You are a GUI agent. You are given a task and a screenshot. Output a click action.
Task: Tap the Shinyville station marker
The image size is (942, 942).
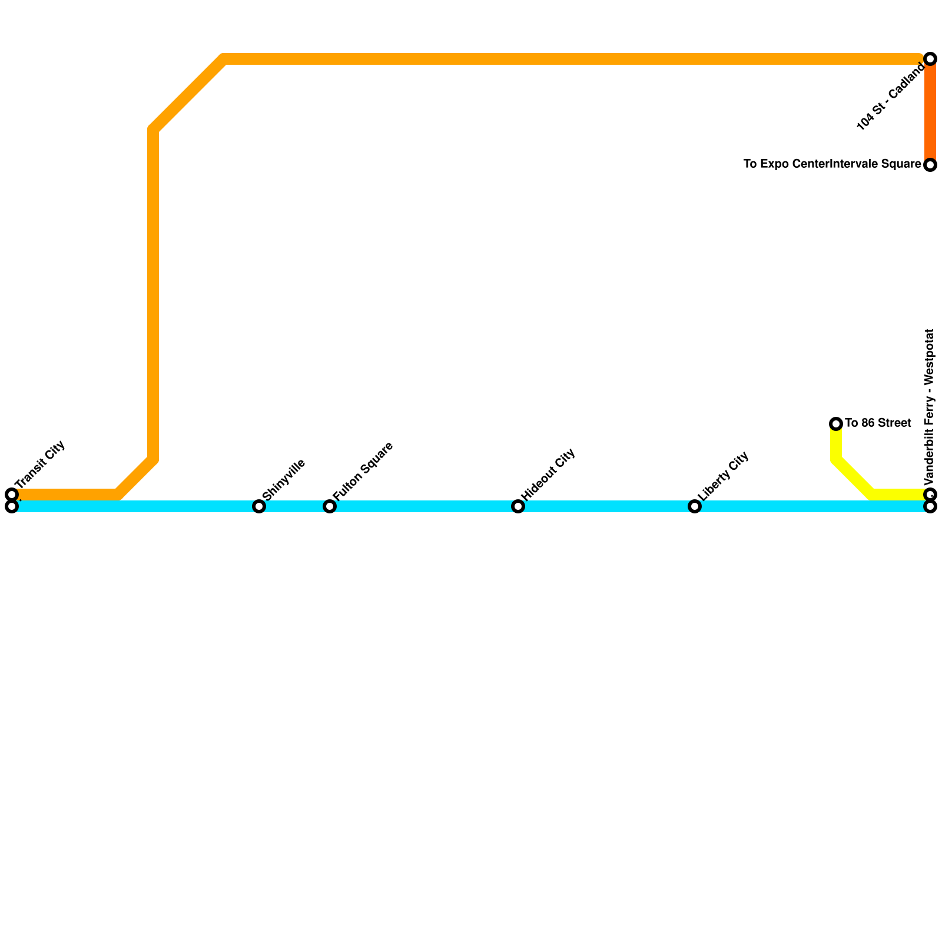tap(259, 506)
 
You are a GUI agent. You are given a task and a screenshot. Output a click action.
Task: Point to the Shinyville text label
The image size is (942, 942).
tap(284, 479)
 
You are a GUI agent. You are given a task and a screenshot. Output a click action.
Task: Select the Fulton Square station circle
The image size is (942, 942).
tap(330, 506)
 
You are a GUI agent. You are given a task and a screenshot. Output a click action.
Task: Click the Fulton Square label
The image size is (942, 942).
tap(362, 470)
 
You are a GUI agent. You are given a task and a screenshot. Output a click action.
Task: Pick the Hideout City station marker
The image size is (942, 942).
tap(518, 506)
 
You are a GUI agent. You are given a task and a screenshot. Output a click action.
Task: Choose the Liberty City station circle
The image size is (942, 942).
tap(695, 506)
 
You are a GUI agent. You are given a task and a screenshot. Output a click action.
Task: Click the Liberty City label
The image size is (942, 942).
tap(724, 476)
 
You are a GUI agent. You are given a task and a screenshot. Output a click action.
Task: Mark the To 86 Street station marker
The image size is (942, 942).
tap(836, 424)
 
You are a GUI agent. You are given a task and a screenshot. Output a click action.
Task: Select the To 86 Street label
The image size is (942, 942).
tap(878, 423)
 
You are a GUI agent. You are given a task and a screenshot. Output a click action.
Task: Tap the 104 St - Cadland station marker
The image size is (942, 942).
tap(930, 59)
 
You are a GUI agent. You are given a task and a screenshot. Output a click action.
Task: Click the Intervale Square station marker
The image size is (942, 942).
tap(930, 165)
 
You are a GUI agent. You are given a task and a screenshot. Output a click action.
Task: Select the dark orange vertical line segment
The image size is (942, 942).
tap(930, 112)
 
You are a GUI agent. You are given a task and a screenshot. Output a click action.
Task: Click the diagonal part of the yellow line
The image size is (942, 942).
tap(854, 477)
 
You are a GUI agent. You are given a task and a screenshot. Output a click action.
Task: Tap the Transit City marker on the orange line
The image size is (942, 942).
tap(12, 494)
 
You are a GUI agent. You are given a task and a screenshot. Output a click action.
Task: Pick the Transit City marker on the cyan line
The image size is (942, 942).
tap(12, 506)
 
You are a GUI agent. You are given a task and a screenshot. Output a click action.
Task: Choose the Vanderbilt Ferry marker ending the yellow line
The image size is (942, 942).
tap(930, 494)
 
